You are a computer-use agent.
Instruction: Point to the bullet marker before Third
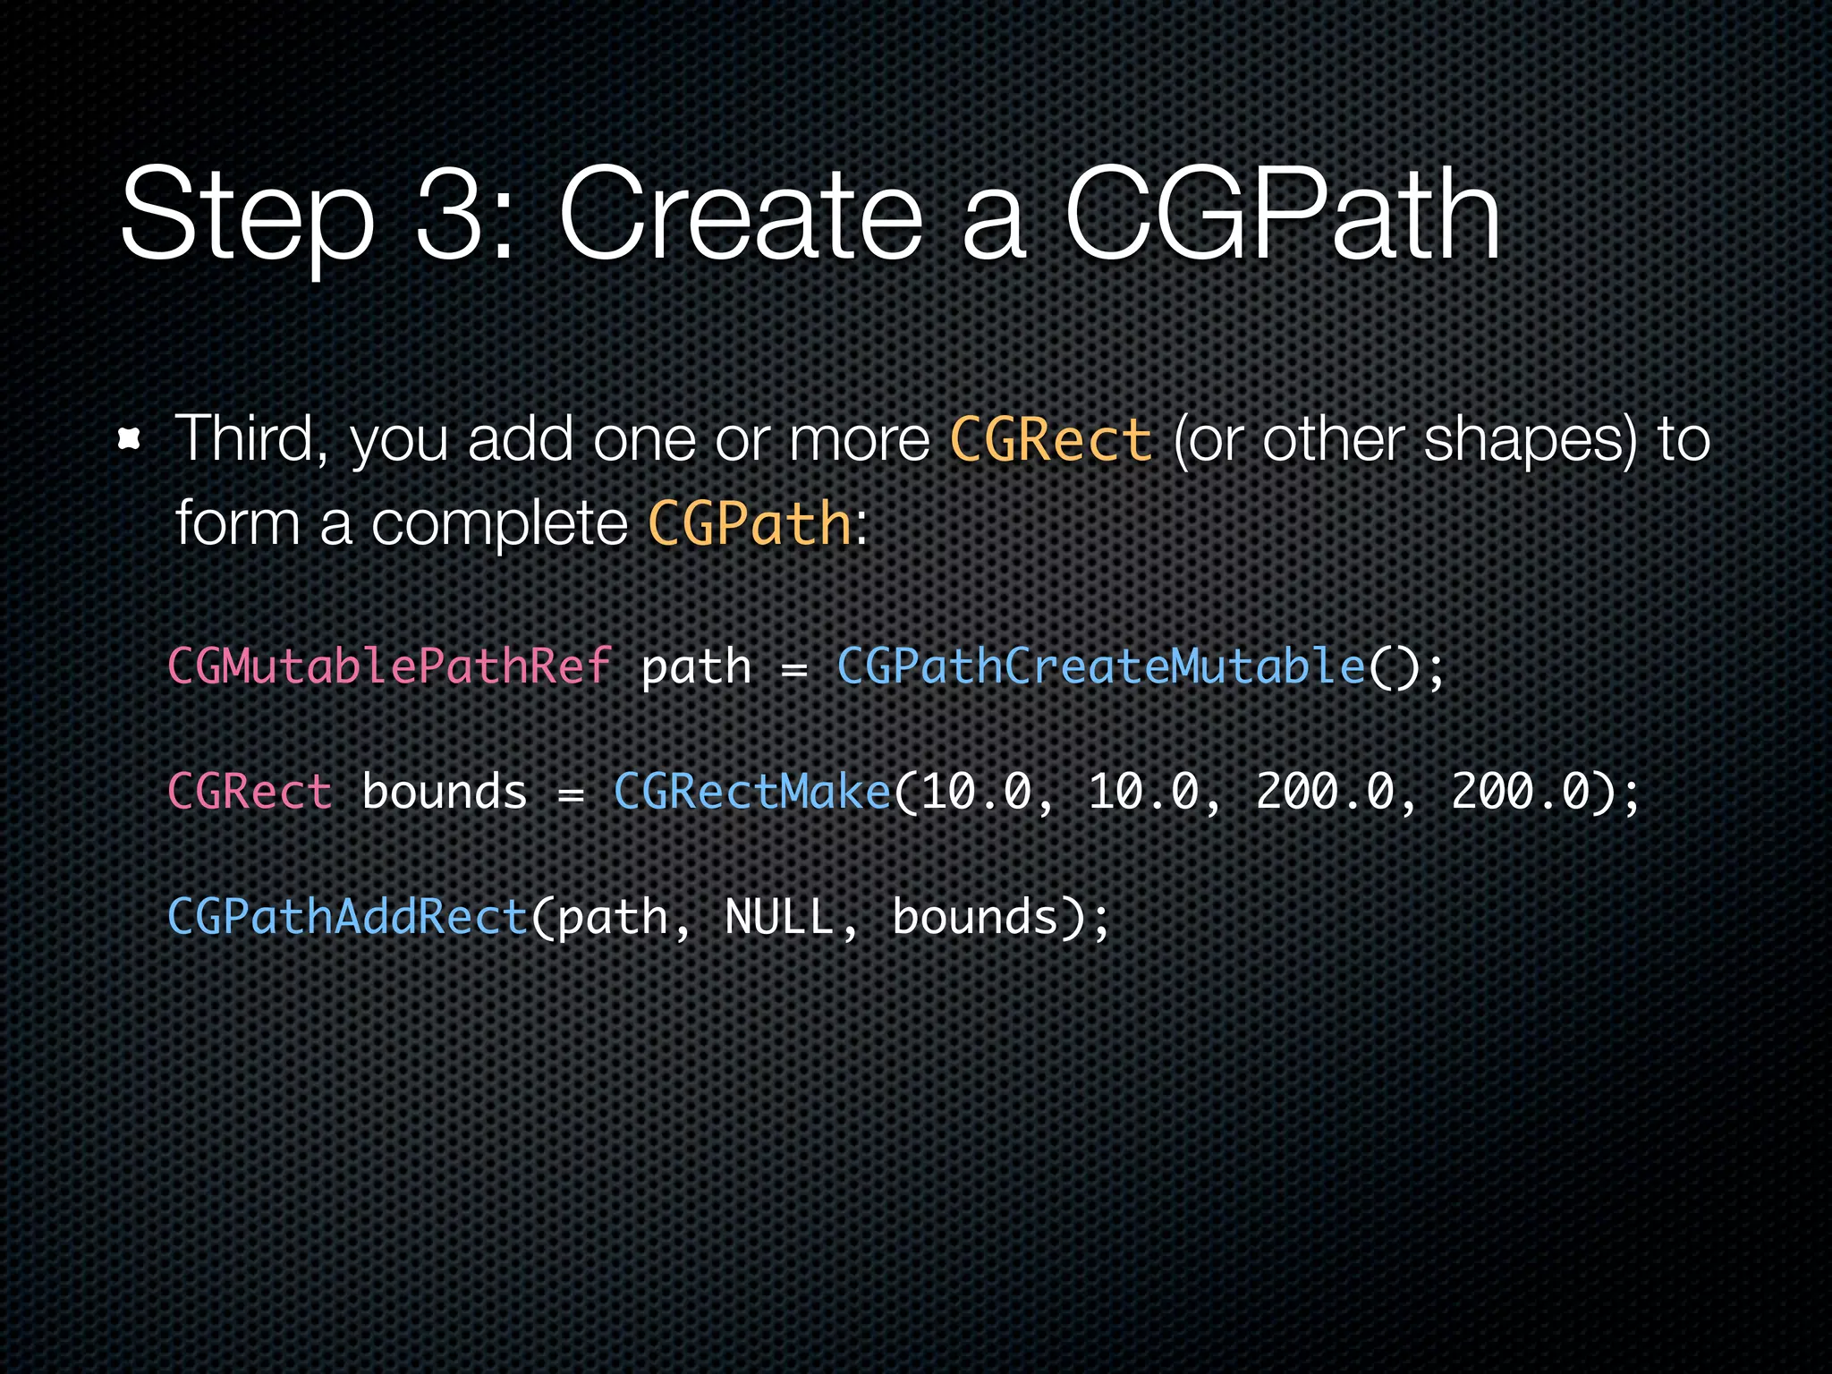tap(131, 439)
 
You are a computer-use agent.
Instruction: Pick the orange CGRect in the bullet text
tap(1050, 441)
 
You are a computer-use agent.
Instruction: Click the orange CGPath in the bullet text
tap(750, 523)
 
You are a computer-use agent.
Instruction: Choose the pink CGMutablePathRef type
tap(390, 666)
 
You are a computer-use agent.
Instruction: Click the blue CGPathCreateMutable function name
tap(1101, 666)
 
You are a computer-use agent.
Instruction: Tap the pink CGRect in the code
tap(250, 793)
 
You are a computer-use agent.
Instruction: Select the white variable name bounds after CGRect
tap(445, 793)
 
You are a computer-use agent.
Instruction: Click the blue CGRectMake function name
tap(752, 793)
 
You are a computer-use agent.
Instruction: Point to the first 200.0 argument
tap(1325, 793)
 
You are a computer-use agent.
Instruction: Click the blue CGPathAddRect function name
tap(348, 918)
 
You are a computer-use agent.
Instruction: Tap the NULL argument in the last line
tap(779, 918)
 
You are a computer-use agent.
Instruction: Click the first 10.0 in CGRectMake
tap(976, 793)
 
